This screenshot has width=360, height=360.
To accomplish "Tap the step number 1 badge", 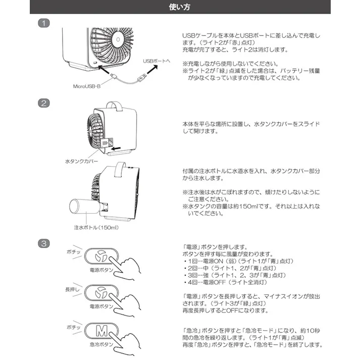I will pyautogui.click(x=45, y=24).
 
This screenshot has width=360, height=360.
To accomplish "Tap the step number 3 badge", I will pyautogui.click(x=45, y=243).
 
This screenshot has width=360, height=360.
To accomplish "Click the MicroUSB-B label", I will pyautogui.click(x=87, y=86).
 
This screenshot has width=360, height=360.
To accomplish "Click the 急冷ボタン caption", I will pyautogui.click(x=101, y=344).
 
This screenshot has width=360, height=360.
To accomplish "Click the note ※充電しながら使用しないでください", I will pyautogui.click(x=230, y=64).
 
